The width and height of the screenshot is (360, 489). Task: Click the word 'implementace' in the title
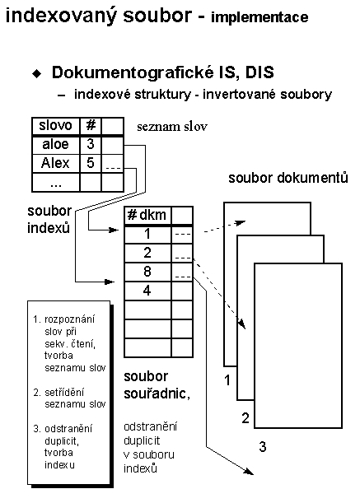pyautogui.click(x=259, y=17)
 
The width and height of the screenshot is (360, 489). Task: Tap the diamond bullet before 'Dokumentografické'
pyautogui.click(x=37, y=73)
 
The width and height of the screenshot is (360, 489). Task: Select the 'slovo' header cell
pyautogui.click(x=56, y=126)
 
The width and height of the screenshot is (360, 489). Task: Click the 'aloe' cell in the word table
pyautogui.click(x=56, y=144)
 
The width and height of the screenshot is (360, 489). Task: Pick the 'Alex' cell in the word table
pyautogui.click(x=56, y=163)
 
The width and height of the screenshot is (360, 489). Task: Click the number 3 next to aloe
pyautogui.click(x=91, y=144)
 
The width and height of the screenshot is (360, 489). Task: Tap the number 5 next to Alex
pyautogui.click(x=91, y=163)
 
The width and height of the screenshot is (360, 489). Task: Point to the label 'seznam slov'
pyautogui.click(x=172, y=127)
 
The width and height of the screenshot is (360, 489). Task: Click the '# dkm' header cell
pyautogui.click(x=147, y=215)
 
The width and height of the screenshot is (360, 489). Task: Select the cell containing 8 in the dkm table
pyautogui.click(x=147, y=272)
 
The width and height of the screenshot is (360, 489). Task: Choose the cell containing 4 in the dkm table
pyautogui.click(x=147, y=291)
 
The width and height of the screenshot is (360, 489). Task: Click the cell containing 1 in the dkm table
pyautogui.click(x=147, y=235)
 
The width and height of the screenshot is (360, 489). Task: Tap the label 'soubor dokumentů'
pyautogui.click(x=288, y=178)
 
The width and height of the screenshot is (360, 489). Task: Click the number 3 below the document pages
pyautogui.click(x=263, y=446)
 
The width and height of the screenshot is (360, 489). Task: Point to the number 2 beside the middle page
pyautogui.click(x=245, y=418)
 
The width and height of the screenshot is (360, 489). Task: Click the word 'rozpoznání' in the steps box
pyautogui.click(x=69, y=319)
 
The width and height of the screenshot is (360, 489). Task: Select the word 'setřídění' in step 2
pyautogui.click(x=64, y=393)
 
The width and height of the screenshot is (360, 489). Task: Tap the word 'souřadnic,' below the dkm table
pyautogui.click(x=157, y=394)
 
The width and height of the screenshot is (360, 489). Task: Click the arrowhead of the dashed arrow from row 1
pyautogui.click(x=241, y=222)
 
